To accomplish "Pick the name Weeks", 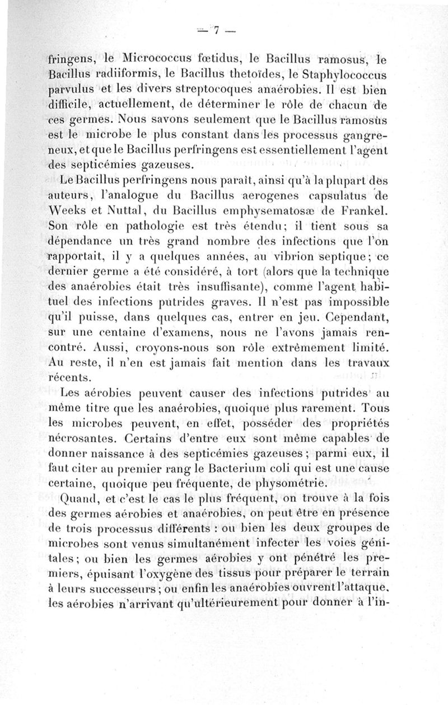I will pyautogui.click(x=70, y=214).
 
